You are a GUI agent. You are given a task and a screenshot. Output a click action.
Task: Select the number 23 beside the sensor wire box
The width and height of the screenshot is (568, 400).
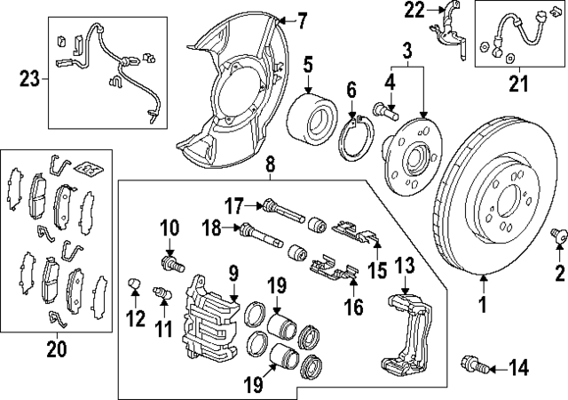[29, 79]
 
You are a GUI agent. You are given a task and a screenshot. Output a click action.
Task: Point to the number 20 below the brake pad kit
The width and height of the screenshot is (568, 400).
[56, 349]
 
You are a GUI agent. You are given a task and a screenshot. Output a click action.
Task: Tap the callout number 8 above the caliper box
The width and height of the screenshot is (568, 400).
[271, 163]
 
